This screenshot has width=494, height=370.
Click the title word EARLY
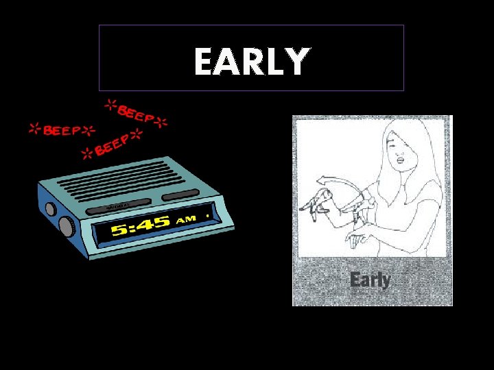250,61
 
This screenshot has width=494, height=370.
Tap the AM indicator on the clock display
187,220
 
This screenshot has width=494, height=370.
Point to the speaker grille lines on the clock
113,179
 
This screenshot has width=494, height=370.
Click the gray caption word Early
370,280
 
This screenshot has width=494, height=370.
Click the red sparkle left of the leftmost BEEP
33,127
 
